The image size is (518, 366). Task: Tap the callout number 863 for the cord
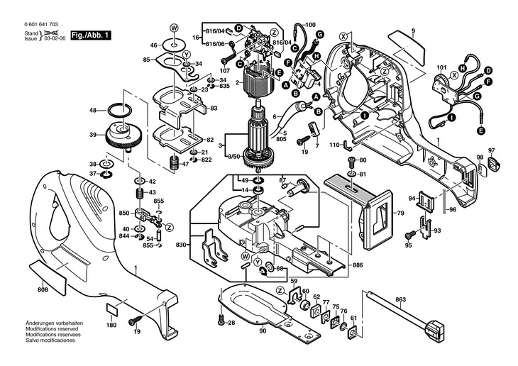[401, 300]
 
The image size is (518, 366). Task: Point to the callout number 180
[111, 325]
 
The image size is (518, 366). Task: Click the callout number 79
[399, 213]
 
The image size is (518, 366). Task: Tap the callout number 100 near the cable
[309, 26]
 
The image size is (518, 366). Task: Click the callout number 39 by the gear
[93, 135]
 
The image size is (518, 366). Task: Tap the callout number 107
[225, 71]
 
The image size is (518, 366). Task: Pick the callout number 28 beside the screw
[231, 323]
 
